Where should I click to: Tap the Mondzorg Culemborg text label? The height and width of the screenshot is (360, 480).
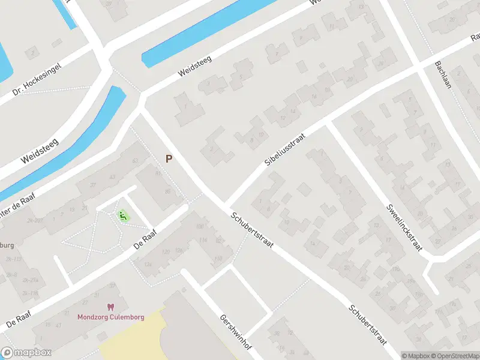111,317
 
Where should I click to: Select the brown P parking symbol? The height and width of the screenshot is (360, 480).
169,159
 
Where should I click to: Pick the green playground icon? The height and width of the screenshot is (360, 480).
124,215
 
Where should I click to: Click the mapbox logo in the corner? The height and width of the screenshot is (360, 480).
25,353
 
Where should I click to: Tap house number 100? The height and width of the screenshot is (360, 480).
199,226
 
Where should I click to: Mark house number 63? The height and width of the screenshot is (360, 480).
135,160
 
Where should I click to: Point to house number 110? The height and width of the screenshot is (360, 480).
217,259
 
